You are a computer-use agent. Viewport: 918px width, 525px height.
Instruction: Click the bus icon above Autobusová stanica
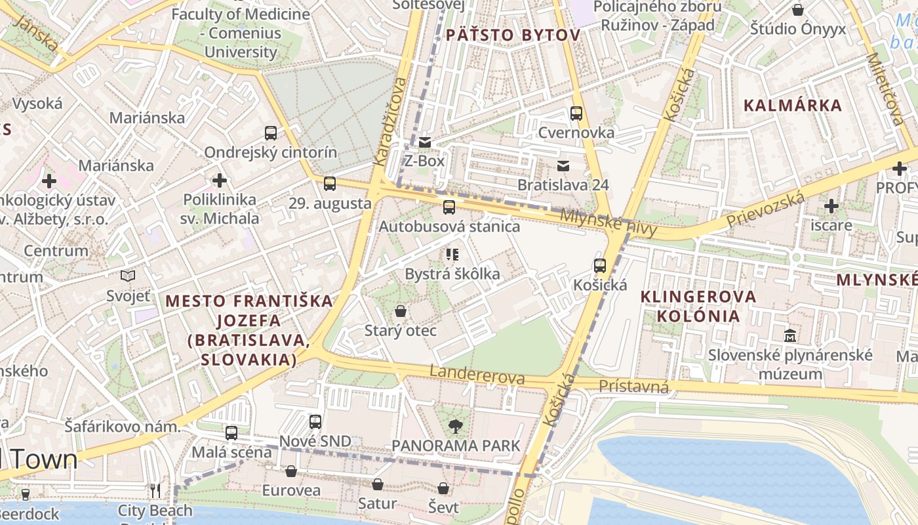point(449,207)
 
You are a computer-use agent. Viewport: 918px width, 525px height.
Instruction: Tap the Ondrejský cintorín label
point(270,152)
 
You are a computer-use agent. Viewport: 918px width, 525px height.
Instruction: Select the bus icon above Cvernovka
point(576,114)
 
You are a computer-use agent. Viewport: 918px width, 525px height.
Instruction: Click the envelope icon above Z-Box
point(425,142)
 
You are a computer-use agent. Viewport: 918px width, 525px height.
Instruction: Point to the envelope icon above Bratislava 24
point(563,165)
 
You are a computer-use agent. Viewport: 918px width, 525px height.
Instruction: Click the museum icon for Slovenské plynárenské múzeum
point(790,335)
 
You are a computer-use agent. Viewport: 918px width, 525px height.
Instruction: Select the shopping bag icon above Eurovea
point(291,471)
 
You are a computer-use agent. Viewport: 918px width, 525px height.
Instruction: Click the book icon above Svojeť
point(129,276)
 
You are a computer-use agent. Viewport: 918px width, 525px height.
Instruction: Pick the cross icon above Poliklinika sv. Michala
point(220,180)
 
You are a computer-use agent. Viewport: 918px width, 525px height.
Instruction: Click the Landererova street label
point(477,375)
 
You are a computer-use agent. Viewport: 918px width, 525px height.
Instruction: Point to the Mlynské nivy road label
point(608,222)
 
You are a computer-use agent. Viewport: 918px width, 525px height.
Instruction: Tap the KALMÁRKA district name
point(793,106)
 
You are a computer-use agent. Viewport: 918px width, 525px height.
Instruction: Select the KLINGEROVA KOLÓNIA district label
point(698,306)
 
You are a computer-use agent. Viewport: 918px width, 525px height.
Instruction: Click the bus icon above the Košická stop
point(600,266)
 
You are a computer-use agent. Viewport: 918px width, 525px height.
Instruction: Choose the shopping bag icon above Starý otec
point(400,311)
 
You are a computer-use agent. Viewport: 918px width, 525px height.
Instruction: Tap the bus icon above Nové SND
point(315,421)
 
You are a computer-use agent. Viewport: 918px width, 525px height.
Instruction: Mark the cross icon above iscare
point(831,206)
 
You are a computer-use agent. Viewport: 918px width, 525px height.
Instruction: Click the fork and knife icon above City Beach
point(155,491)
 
